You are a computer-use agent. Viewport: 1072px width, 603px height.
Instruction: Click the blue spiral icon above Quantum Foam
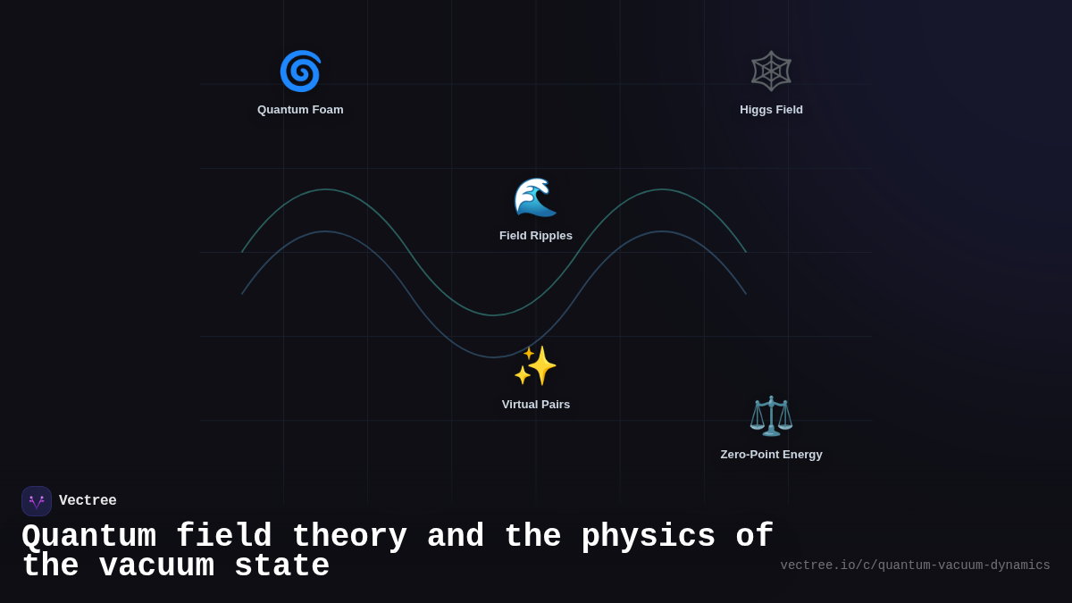point(300,71)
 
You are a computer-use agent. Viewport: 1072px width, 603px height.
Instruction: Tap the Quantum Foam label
point(300,110)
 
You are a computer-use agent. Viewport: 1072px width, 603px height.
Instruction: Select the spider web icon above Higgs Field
point(771,71)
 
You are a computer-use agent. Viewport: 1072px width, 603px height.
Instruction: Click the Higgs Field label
point(771,110)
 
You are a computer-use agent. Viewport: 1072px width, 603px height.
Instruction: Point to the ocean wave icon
point(535,197)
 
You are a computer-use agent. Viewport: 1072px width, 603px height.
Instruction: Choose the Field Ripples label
point(535,236)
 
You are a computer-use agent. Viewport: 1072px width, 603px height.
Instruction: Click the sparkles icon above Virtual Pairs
point(535,365)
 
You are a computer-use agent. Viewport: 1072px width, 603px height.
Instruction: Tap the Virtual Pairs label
point(535,405)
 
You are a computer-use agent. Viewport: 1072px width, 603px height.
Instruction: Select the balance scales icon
point(771,415)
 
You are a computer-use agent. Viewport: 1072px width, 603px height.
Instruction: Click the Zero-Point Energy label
point(771,455)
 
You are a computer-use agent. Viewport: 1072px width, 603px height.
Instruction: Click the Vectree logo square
point(37,501)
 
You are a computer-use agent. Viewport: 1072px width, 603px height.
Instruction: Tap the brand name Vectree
point(88,501)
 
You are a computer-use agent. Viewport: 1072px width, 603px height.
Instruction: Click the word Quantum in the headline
point(88,537)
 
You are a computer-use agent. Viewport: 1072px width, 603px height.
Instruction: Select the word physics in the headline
point(648,537)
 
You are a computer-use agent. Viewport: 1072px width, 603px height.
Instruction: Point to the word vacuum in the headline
point(156,566)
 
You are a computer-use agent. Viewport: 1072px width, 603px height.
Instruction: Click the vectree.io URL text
point(915,565)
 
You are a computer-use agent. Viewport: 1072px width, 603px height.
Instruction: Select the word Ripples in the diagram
point(550,236)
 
